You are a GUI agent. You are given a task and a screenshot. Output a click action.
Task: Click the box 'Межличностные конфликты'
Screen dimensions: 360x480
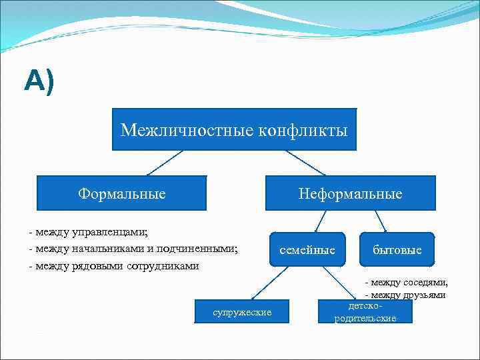tap(234, 129)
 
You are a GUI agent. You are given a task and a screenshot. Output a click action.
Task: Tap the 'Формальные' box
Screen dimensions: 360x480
tap(121, 193)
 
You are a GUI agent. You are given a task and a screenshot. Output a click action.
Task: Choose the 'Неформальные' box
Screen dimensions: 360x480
tap(350, 193)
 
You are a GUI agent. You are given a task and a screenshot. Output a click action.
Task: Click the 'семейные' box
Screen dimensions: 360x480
tap(307, 249)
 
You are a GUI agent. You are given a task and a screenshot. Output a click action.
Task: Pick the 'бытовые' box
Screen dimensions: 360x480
tap(397, 250)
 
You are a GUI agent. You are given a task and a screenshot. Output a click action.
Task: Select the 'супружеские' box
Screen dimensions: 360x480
tap(242, 312)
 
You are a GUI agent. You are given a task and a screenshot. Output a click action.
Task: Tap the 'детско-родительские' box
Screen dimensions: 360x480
tap(365, 312)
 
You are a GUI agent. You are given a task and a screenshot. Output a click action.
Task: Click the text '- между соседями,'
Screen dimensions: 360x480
tap(406, 282)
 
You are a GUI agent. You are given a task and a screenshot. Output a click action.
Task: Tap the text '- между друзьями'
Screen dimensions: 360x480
tap(406, 295)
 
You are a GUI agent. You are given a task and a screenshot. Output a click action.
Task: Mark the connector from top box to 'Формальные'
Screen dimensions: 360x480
tap(164, 163)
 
